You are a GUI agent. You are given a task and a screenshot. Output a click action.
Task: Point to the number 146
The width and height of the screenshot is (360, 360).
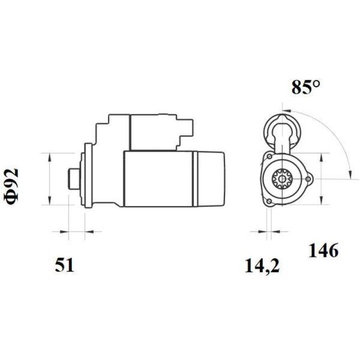point(323,251)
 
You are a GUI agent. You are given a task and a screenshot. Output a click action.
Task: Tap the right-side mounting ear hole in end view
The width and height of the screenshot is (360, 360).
point(308,180)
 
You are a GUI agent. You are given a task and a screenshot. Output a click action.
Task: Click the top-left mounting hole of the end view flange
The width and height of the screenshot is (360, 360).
point(269,157)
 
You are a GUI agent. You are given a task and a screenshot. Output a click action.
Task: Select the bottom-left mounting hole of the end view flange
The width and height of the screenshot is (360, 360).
point(269,201)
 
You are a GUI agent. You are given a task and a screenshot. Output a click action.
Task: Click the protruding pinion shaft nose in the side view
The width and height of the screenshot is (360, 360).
point(72,179)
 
